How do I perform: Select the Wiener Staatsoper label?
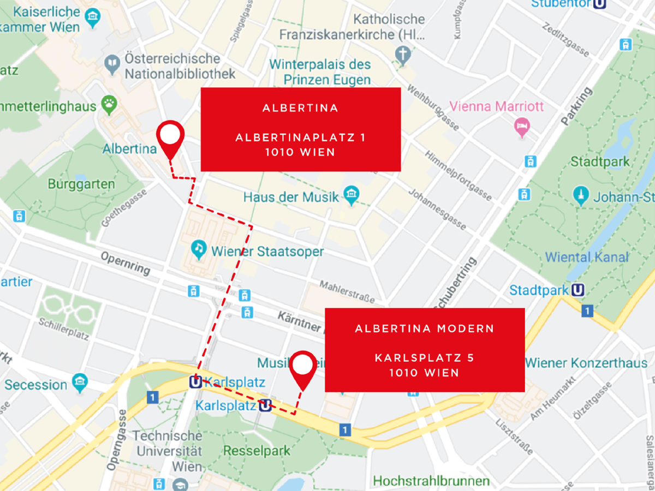coord(267,252)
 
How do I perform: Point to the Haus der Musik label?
coord(291,196)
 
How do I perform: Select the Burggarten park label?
coord(81,184)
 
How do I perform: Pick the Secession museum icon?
coord(80,381)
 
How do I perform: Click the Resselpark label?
coord(257,451)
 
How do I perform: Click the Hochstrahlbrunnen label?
coord(431,481)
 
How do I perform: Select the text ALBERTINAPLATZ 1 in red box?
coord(300,137)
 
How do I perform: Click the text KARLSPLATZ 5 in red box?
coord(424,358)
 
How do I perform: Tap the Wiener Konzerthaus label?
coord(586,362)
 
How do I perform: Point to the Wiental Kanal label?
coord(587,257)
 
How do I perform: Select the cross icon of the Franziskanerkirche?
coord(403,54)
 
